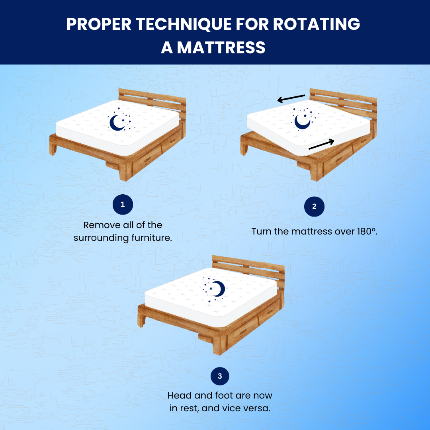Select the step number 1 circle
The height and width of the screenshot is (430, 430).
point(123,205)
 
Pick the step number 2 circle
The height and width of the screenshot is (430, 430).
point(314,207)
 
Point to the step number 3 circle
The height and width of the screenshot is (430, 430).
point(219,375)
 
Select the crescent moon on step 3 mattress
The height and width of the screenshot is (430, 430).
point(218,289)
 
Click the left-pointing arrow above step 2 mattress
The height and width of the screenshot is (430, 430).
point(291,98)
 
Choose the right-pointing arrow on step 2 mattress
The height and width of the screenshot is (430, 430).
point(321,146)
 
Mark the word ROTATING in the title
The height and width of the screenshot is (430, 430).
point(317,24)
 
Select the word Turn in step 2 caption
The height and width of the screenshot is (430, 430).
point(261,231)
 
